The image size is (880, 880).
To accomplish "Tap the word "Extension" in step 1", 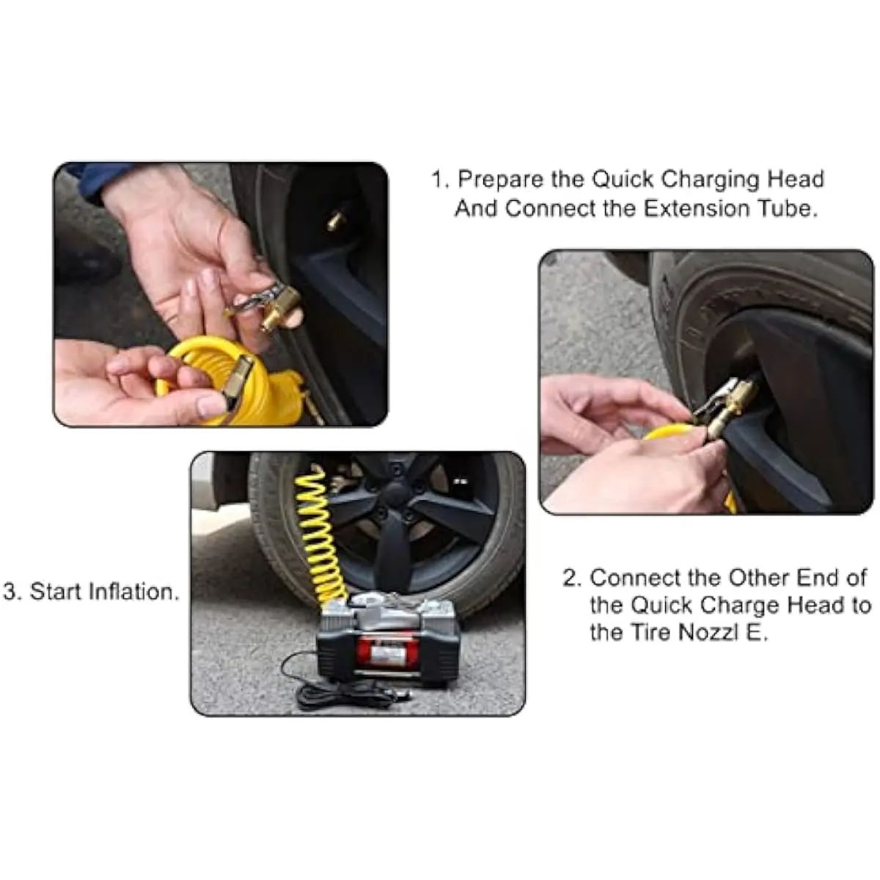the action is (x=697, y=209).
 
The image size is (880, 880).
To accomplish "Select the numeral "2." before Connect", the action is (x=572, y=578).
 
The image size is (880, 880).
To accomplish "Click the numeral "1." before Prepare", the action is (x=441, y=180).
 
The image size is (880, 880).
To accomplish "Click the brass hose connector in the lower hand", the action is (x=239, y=380).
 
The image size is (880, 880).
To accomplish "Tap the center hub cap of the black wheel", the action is (x=395, y=494).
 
